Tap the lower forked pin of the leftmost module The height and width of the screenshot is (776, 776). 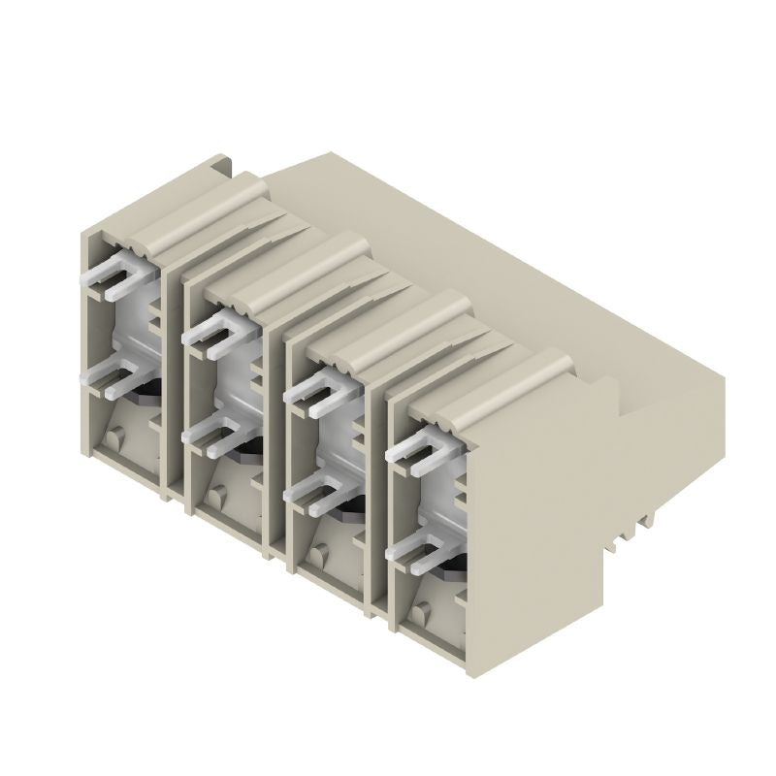(x=114, y=379)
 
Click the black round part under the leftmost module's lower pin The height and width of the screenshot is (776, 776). (x=145, y=389)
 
